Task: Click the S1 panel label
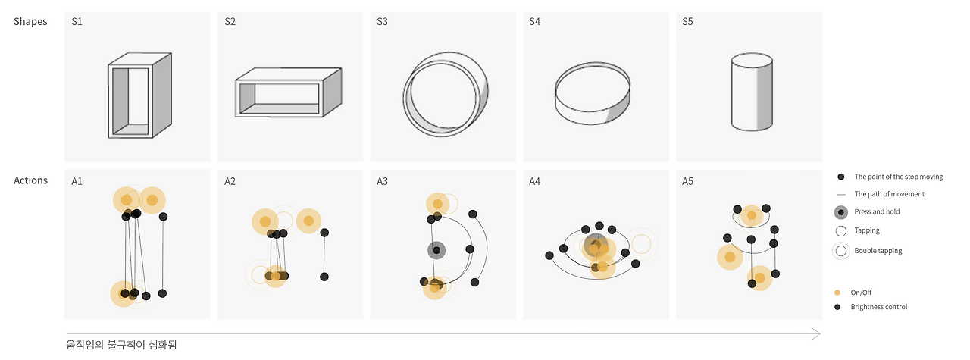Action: point(77,22)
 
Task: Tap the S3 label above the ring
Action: point(383,22)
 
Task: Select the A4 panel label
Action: point(535,181)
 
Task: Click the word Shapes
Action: point(30,22)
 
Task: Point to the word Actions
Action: point(30,180)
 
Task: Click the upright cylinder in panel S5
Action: point(752,92)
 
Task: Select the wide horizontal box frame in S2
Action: point(289,92)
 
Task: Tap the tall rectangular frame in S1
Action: point(140,95)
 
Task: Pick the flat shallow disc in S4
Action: point(593,93)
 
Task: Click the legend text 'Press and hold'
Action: point(877,212)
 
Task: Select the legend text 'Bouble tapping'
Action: point(878,251)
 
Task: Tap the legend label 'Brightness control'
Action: point(878,307)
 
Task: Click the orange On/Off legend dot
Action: point(837,293)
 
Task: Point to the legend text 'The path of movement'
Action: point(889,194)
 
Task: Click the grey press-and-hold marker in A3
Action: point(436,250)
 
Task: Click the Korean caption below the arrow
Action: point(122,345)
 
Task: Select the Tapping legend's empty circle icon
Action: point(841,231)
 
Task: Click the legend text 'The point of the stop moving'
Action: point(899,177)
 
